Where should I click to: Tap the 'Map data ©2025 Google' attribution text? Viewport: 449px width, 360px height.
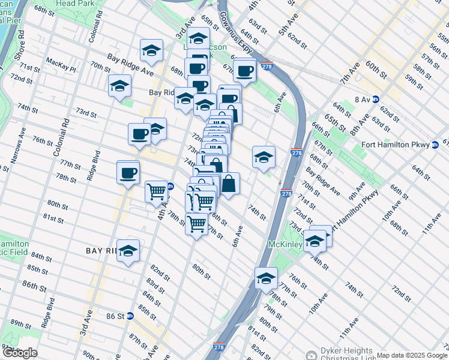pos(412,355)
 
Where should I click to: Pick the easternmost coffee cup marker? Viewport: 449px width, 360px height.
pos(244,71)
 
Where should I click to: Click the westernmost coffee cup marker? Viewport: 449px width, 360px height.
pos(128,174)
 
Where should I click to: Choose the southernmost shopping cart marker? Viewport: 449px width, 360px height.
pos(197,224)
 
